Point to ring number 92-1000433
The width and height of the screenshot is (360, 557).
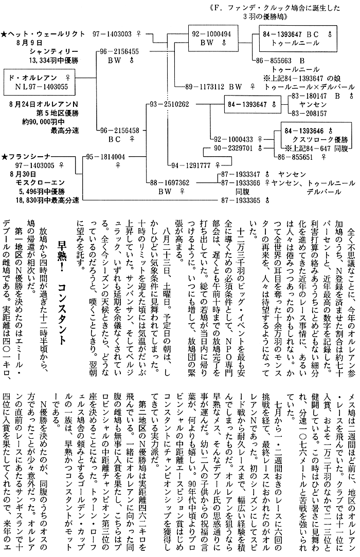tap(233, 139)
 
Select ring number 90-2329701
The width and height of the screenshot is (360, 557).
tap(233, 148)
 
